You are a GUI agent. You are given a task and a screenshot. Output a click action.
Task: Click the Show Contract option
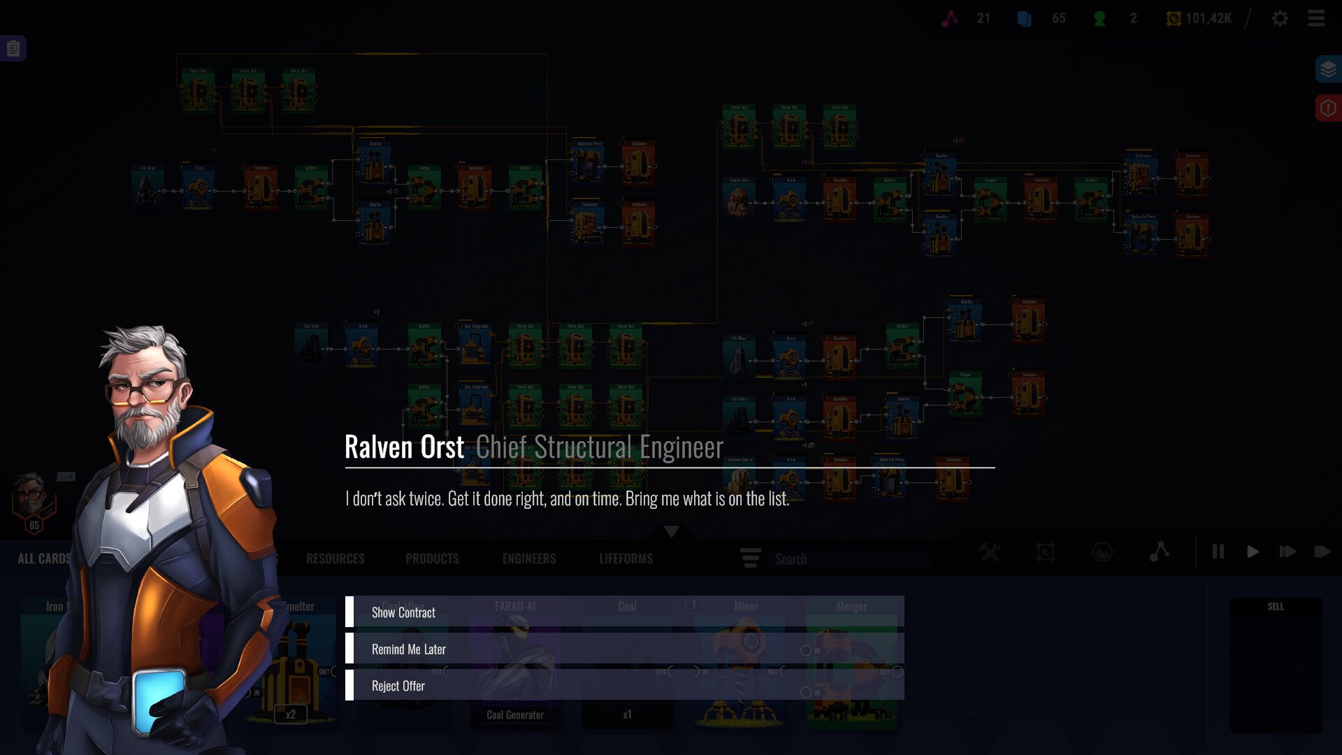click(403, 612)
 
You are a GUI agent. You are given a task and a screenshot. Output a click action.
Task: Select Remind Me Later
click(409, 649)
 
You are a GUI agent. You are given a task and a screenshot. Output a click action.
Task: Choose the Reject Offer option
click(398, 686)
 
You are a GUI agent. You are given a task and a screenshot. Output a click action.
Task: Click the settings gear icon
click(1280, 19)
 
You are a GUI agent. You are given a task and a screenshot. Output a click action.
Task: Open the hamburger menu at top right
click(1316, 19)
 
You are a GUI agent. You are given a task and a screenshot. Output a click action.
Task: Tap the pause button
click(1218, 552)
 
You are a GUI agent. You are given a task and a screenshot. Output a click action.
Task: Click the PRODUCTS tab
click(432, 559)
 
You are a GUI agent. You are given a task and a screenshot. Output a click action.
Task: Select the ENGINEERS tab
click(529, 559)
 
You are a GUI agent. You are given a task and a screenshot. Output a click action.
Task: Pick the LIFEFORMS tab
click(626, 559)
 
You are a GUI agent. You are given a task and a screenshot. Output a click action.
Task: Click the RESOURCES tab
click(335, 559)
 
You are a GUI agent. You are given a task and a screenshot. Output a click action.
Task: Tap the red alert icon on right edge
click(1328, 108)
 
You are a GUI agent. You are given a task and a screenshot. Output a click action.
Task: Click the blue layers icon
click(1328, 69)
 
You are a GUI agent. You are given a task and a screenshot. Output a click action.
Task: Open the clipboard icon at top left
click(13, 49)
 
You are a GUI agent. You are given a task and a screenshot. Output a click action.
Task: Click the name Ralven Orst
click(404, 447)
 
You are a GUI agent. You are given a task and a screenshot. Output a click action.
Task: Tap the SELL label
click(1276, 607)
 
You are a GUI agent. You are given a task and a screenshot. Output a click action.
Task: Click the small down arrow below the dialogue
click(672, 532)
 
